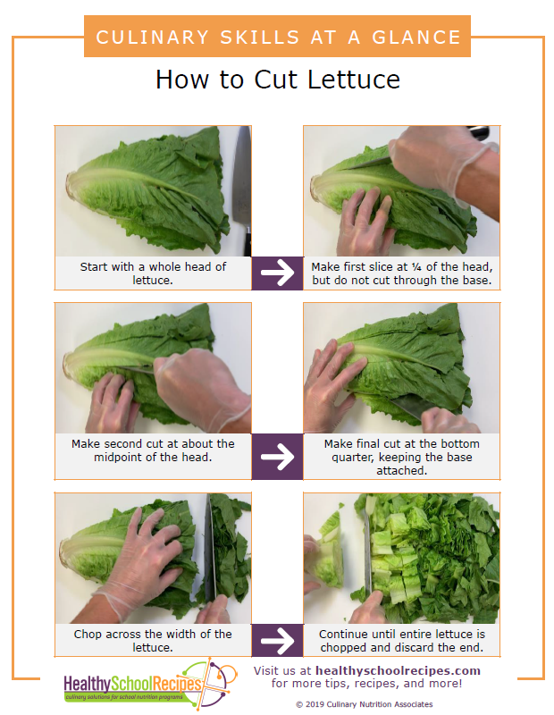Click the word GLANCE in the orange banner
click(416, 38)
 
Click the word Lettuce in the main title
click(354, 80)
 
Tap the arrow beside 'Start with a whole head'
click(277, 273)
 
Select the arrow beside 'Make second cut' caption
click(277, 457)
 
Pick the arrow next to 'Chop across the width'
click(277, 640)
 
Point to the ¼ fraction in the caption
click(415, 266)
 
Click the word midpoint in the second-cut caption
click(118, 457)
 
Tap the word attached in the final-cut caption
click(402, 470)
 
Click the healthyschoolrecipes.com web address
click(398, 671)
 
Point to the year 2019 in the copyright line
click(315, 704)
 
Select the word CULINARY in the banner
click(152, 38)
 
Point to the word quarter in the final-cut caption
click(353, 458)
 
